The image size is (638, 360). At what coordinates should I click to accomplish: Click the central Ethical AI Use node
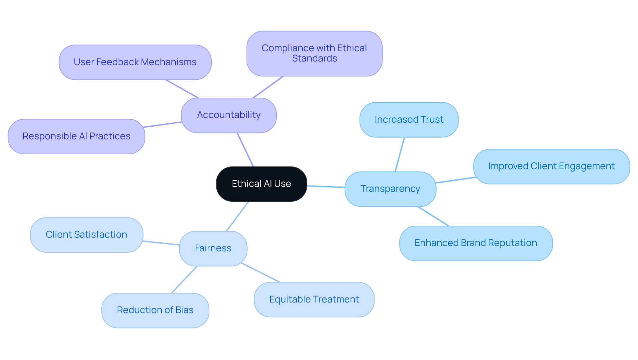(261, 184)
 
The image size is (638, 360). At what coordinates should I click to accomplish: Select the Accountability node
(229, 115)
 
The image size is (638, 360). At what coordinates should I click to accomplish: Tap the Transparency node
(390, 189)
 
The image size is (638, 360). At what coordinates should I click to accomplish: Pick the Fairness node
(213, 248)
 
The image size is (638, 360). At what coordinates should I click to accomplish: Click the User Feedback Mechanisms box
(135, 62)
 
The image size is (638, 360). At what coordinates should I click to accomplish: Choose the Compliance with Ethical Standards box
(314, 53)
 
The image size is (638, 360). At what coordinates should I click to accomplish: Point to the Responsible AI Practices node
(76, 136)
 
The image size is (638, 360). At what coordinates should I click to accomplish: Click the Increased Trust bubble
(409, 120)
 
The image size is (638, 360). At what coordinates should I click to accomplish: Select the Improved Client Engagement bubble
(551, 166)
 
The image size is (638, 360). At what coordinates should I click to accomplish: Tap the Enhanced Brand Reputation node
(476, 243)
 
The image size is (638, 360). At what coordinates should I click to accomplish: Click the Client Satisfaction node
(86, 235)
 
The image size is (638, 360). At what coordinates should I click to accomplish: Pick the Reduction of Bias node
(155, 310)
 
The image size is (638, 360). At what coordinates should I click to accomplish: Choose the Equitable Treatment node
(314, 300)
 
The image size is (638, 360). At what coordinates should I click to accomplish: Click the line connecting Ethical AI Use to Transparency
(326, 187)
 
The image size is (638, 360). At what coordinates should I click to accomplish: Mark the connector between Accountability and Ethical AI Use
(245, 150)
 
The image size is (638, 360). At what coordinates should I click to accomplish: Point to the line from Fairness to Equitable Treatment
(261, 273)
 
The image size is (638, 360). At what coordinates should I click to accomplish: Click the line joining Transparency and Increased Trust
(400, 154)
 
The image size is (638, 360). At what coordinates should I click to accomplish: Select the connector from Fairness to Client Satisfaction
(161, 243)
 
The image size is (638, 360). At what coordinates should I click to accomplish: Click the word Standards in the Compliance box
(314, 59)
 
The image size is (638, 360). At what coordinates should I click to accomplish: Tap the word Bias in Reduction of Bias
(184, 310)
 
